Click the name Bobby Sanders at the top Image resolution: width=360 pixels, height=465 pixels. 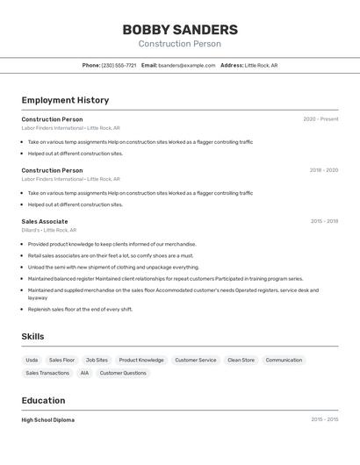click(x=180, y=29)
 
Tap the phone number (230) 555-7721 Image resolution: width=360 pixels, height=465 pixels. click(x=119, y=65)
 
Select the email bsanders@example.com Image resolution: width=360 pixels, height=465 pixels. click(x=186, y=65)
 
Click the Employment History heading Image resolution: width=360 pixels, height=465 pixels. click(x=65, y=100)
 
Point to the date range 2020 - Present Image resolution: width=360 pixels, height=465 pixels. click(x=320, y=119)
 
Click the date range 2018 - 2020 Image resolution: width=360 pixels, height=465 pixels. click(x=323, y=170)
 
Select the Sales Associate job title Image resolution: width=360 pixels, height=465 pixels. click(x=45, y=221)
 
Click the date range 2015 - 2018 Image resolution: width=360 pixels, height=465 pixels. click(x=324, y=221)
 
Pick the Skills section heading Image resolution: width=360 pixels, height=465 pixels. click(x=32, y=336)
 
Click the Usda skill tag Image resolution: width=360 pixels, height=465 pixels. click(x=32, y=360)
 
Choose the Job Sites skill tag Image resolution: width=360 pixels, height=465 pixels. click(x=97, y=360)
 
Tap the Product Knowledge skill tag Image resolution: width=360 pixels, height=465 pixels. click(x=141, y=360)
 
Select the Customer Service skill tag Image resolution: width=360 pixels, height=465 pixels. click(x=195, y=360)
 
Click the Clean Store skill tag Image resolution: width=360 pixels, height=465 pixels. click(x=241, y=360)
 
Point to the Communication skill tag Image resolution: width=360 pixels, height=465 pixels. click(x=284, y=360)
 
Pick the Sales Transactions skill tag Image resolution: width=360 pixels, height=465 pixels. click(x=47, y=373)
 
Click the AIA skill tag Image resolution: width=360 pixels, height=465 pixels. click(x=84, y=373)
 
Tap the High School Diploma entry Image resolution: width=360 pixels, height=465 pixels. click(x=48, y=419)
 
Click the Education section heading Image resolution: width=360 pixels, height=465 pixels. click(x=43, y=400)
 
